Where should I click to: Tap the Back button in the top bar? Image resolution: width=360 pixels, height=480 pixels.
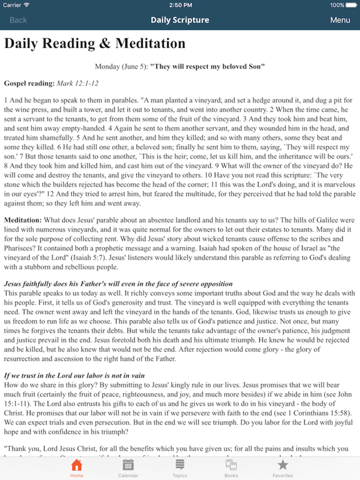(x=18, y=20)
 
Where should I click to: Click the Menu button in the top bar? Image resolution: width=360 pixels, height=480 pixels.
(x=340, y=20)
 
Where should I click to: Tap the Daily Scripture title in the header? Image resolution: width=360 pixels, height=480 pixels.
(x=180, y=20)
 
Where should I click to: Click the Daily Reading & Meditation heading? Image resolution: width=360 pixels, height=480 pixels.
(x=95, y=44)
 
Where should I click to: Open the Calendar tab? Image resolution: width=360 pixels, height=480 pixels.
(x=128, y=467)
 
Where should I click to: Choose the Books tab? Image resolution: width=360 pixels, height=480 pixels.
(x=231, y=467)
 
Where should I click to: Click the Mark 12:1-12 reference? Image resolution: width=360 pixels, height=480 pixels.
(x=77, y=82)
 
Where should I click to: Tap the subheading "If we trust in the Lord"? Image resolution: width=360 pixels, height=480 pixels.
(x=74, y=375)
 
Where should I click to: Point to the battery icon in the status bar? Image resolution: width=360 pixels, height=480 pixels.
(x=351, y=5)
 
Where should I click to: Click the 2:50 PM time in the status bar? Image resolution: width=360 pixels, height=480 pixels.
(x=180, y=5)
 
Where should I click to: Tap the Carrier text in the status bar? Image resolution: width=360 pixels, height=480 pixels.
(x=12, y=5)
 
